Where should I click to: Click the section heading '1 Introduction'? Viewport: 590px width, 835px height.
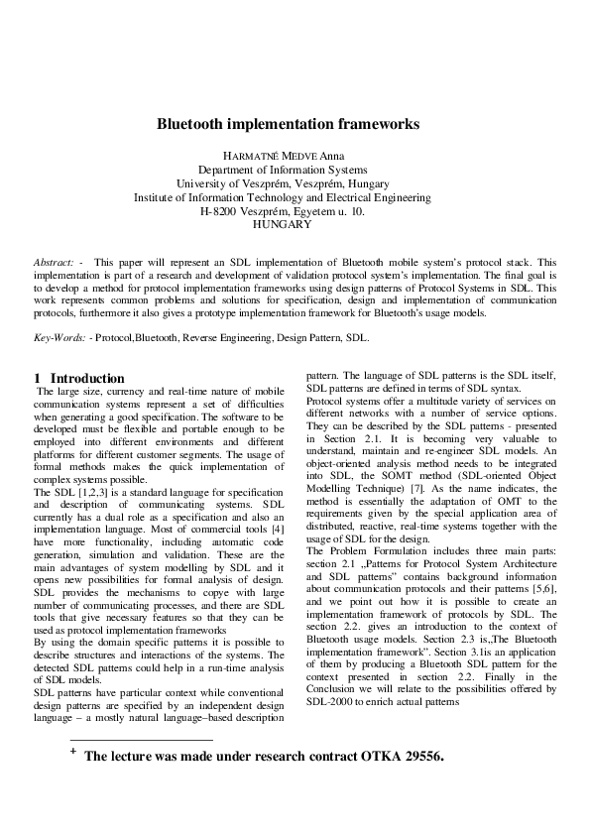(79, 378)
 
